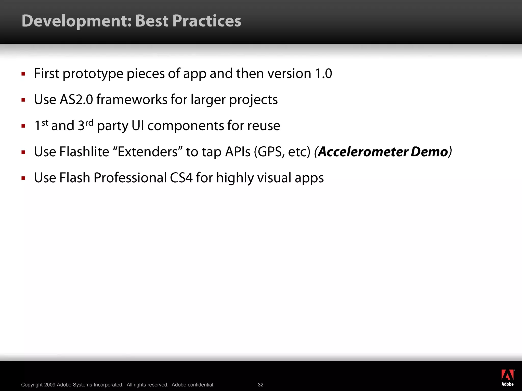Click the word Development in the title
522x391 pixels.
(76, 21)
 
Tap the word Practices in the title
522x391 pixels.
(206, 21)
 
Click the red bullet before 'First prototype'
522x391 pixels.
(23, 74)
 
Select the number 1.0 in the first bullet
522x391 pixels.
(323, 74)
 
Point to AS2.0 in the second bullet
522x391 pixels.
(76, 100)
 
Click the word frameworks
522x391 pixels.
(132, 100)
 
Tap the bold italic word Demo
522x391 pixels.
(429, 152)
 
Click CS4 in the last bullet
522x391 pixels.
(181, 178)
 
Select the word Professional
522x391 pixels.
(130, 178)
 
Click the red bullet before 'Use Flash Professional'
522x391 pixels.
(23, 178)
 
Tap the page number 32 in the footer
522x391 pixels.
(260, 385)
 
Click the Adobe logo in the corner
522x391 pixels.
(507, 378)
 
